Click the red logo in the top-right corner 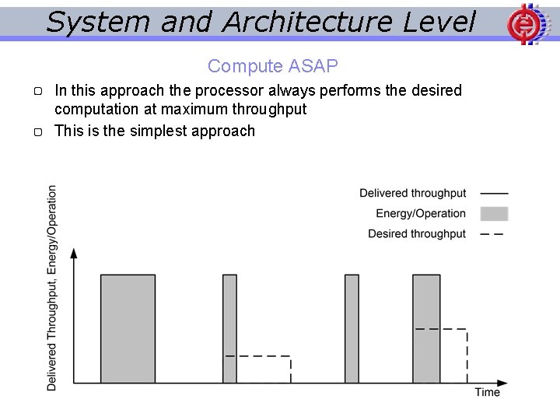coord(523,23)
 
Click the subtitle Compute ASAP coord(273,66)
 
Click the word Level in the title coord(439,22)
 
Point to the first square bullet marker coord(38,92)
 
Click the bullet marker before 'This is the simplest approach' coord(38,132)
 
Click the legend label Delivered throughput coord(412,193)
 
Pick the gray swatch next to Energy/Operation coord(494,213)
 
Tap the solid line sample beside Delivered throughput coord(493,193)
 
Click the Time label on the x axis coord(487,392)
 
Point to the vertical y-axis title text coord(51,288)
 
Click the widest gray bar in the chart coord(128,328)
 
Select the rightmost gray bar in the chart coord(426,328)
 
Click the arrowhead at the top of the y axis coord(74,253)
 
